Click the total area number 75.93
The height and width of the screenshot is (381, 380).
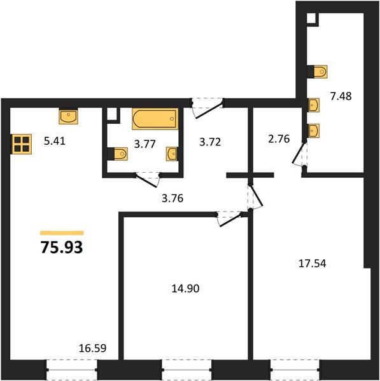pyautogui.click(x=62, y=248)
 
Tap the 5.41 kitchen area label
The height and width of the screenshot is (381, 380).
pyautogui.click(x=55, y=141)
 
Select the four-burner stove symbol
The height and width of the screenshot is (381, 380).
pyautogui.click(x=22, y=144)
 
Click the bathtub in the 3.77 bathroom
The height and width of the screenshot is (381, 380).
pyautogui.click(x=155, y=119)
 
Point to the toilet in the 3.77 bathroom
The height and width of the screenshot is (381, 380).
pyautogui.click(x=117, y=154)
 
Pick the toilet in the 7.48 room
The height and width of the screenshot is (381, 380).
pyautogui.click(x=317, y=72)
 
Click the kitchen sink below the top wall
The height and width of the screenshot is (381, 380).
pyautogui.click(x=69, y=116)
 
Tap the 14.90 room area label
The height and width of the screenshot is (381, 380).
pyautogui.click(x=186, y=288)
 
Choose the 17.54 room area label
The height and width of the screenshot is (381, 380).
pyautogui.click(x=313, y=264)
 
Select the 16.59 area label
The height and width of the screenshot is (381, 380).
pyautogui.click(x=92, y=348)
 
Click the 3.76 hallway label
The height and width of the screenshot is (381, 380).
pyautogui.click(x=172, y=198)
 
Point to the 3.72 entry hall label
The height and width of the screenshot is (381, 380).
pyautogui.click(x=210, y=142)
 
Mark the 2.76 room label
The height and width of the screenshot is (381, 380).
pyautogui.click(x=279, y=138)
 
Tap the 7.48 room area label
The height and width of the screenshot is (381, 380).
pyautogui.click(x=341, y=97)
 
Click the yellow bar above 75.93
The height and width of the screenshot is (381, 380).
pyautogui.click(x=62, y=233)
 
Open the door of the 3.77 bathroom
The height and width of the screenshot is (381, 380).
pyautogui.click(x=148, y=180)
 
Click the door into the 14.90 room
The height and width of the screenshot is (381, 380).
pyautogui.click(x=230, y=218)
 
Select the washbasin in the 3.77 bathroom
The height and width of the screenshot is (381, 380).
pyautogui.click(x=172, y=154)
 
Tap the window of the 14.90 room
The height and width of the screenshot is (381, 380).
pyautogui.click(x=187, y=370)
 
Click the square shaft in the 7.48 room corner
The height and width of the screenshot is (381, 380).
pyautogui.click(x=311, y=18)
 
